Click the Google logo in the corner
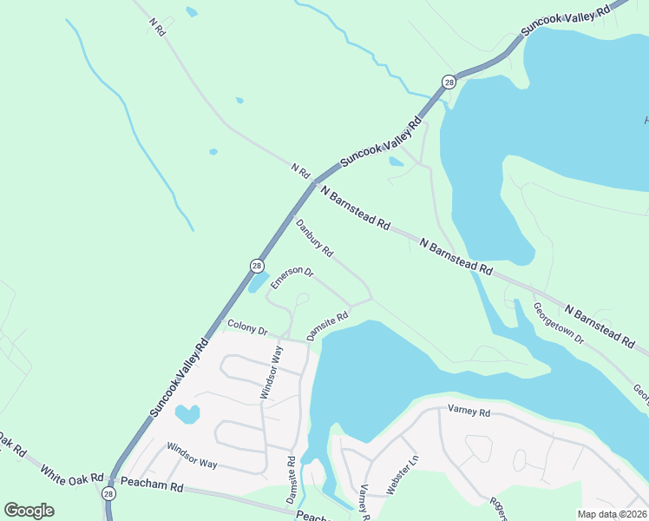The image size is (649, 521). (29, 511)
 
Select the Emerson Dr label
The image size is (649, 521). (291, 277)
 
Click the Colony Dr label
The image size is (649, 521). (247, 327)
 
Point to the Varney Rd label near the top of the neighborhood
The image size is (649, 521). (469, 412)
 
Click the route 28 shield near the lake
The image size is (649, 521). (448, 82)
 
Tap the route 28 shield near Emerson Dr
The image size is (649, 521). (257, 265)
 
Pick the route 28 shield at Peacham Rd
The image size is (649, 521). (108, 493)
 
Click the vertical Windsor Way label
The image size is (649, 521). (272, 373)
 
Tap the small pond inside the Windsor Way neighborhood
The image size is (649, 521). (187, 414)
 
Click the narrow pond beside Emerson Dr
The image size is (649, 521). (259, 283)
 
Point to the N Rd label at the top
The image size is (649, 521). (157, 26)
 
